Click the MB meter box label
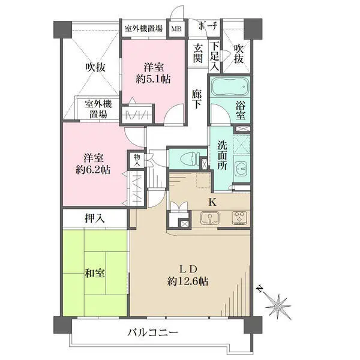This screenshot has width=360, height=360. coord(176,29)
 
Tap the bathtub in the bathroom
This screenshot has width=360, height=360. coord(230,87)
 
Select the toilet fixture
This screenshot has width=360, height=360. coord(190,158)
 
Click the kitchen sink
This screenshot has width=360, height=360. coord(210,218)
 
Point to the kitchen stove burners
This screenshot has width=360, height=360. coord(239,217)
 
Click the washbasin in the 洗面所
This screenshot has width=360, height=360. coord(241,169)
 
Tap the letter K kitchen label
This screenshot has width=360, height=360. coord(212,203)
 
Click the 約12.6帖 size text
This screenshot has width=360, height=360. coord(188,281)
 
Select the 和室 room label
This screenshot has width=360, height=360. coord(95,273)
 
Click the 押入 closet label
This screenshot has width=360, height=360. coord(95,218)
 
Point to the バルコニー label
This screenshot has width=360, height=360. coord(153,332)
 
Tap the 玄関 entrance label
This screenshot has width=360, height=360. coord(197,53)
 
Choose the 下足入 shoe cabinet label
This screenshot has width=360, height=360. coord(214,56)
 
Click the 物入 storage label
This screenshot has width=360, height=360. coord(137,160)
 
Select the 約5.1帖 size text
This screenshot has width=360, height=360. coord(153,79)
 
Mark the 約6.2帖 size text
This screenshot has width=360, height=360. coord(93,170)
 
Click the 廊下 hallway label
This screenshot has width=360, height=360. coord(197,99)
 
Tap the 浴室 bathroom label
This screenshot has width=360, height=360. coord(241,111)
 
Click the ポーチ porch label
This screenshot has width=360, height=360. coord(208,26)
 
